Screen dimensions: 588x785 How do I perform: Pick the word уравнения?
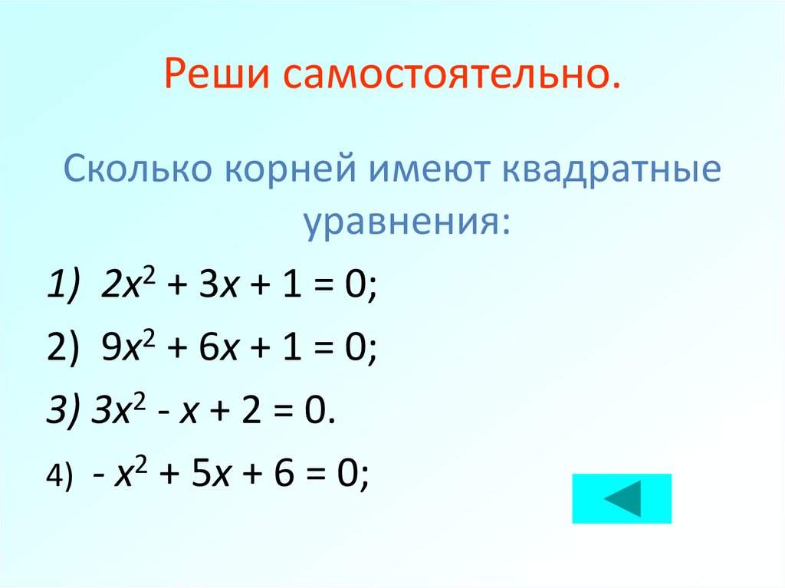(406, 222)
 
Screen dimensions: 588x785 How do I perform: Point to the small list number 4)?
(58, 475)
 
